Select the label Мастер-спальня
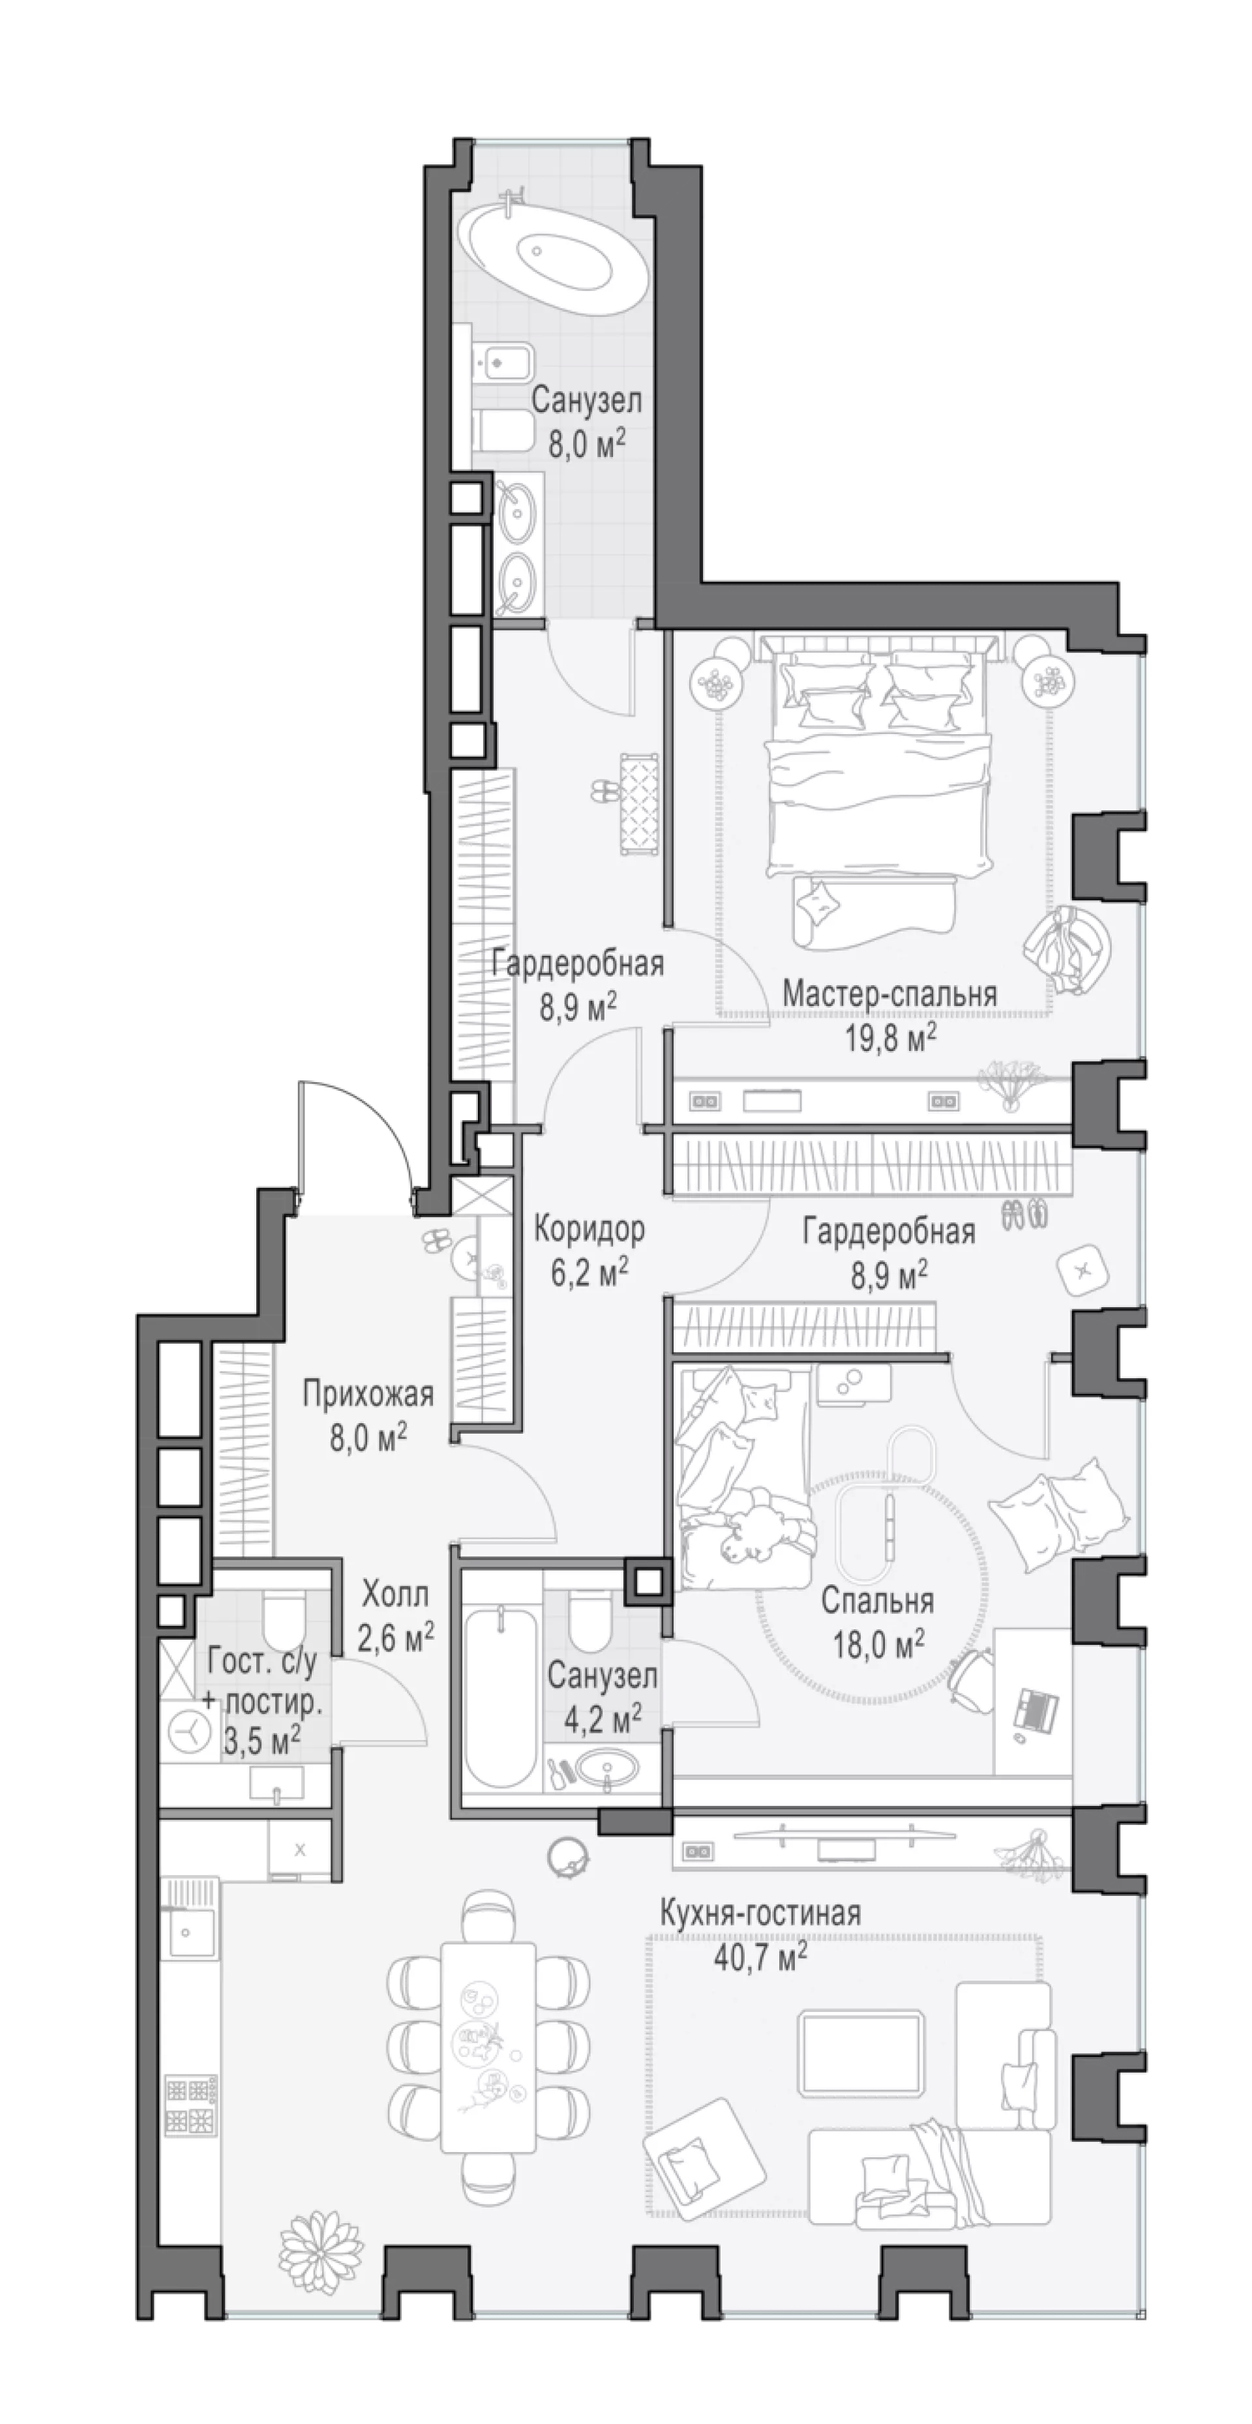pos(889,993)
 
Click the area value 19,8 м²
pos(889,1038)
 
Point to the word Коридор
pos(589,1228)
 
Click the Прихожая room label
pos(368,1394)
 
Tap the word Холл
pos(395,1594)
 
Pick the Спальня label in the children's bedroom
pos(877,1600)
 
